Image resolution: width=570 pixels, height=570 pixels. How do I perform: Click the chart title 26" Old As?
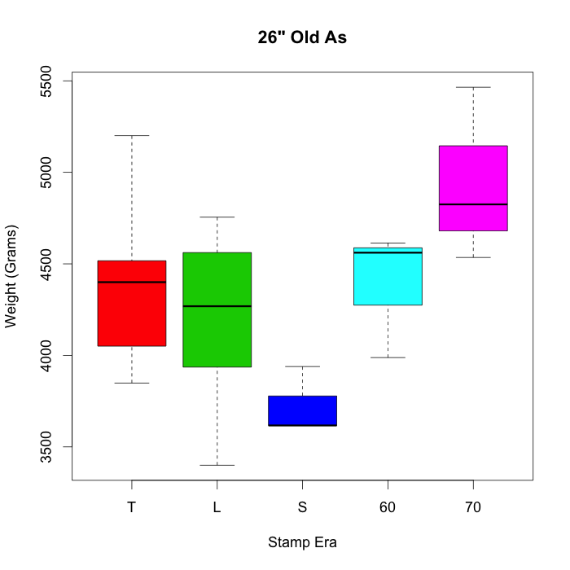pos(302,37)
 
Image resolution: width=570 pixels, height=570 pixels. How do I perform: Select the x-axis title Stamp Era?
pos(302,541)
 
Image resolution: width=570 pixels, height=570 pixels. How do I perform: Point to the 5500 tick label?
pos(46,81)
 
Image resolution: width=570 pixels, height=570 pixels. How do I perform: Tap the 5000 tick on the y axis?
pos(46,172)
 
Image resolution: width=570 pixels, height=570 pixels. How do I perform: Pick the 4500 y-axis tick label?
pos(46,264)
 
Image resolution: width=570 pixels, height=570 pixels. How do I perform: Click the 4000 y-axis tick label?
pos(46,355)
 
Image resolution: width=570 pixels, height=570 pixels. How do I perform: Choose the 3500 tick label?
pos(46,447)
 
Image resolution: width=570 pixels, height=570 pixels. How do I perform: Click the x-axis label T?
pos(131,507)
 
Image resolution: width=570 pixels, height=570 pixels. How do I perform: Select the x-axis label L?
pos(217,507)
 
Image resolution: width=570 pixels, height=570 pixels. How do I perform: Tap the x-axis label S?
pos(302,507)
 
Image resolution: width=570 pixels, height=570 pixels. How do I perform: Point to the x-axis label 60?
pos(388,507)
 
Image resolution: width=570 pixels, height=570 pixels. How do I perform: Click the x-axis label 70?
pos(473,507)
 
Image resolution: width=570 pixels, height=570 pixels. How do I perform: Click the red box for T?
pos(131,313)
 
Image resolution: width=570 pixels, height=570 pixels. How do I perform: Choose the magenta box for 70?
pos(473,175)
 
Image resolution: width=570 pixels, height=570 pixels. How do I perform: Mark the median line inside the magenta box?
pos(473,204)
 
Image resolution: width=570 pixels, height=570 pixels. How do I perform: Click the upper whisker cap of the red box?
pos(131,135)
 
